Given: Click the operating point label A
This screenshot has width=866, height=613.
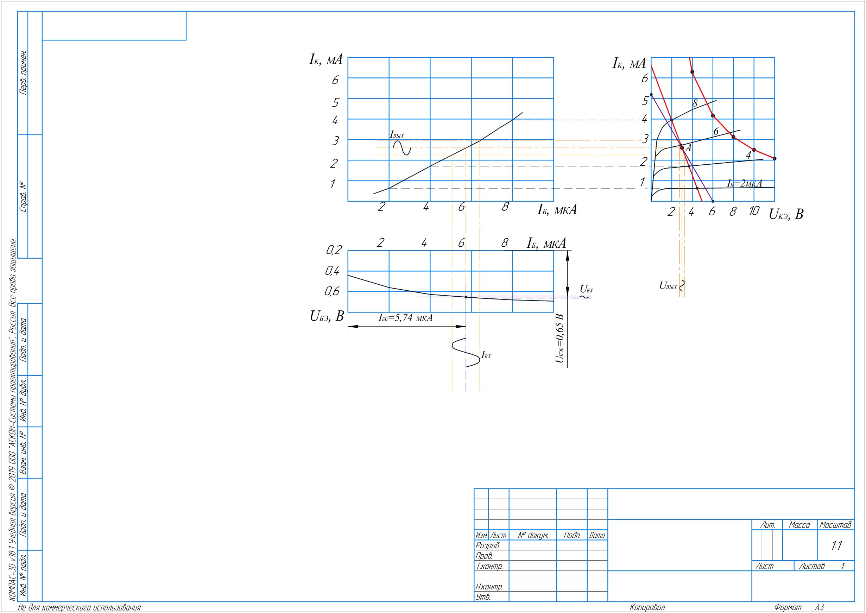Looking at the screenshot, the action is tap(688, 148).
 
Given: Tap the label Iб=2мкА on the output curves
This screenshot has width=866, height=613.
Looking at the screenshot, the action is tap(745, 183).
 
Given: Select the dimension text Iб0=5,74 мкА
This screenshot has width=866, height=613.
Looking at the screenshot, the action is tap(405, 318).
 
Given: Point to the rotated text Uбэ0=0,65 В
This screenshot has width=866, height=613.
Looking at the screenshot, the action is tap(560, 339).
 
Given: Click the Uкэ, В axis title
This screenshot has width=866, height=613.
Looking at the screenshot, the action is tap(786, 214).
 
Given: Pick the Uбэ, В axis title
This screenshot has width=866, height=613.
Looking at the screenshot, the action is tap(327, 316).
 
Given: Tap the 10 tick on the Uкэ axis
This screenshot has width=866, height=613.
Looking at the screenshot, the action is tap(754, 211).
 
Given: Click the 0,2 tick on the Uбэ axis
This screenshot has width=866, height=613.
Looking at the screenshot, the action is tap(334, 250).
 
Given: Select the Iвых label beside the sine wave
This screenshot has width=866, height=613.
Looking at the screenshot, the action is tap(397, 135).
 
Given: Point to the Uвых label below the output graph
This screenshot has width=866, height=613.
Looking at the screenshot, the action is tap(668, 286).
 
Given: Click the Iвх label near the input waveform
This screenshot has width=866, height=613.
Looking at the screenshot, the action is tap(486, 355).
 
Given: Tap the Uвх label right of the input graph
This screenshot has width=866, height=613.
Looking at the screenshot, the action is tap(586, 290).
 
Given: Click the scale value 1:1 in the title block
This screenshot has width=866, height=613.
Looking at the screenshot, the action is tap(836, 545).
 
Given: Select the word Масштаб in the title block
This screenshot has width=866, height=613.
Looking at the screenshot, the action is tap(835, 525).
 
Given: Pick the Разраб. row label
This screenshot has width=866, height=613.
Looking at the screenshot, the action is tap(487, 545).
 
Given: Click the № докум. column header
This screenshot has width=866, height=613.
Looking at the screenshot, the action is tap(533, 535).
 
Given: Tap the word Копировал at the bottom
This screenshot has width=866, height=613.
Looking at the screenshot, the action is tap(647, 607).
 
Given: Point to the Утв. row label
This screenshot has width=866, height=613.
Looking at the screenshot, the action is tap(483, 597).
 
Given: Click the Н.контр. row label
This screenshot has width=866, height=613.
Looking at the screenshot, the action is tap(489, 587).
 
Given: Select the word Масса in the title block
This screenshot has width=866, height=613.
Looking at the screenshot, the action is tap(799, 525).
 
